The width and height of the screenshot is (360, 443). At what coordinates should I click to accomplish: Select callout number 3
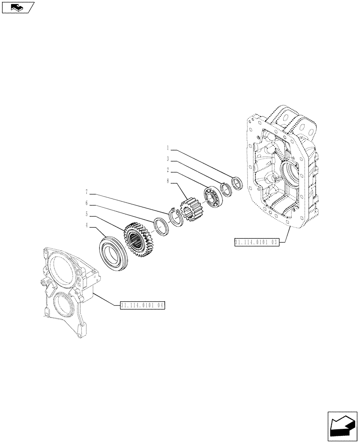tap(168, 158)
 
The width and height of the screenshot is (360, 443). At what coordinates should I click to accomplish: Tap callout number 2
tap(168, 169)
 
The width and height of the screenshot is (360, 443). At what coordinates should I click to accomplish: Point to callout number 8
tap(168, 180)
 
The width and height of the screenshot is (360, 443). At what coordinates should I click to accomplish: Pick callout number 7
tap(87, 192)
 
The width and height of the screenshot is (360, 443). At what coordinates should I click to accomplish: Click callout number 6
tap(87, 203)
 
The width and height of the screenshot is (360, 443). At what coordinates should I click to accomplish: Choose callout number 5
tap(87, 215)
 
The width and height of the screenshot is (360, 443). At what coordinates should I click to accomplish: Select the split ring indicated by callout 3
tap(226, 189)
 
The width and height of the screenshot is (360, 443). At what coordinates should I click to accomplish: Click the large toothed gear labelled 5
tap(138, 241)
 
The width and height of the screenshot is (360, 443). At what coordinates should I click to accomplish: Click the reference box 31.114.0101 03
tap(256, 242)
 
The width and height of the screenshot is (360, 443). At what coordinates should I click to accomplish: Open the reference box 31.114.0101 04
tap(142, 305)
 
